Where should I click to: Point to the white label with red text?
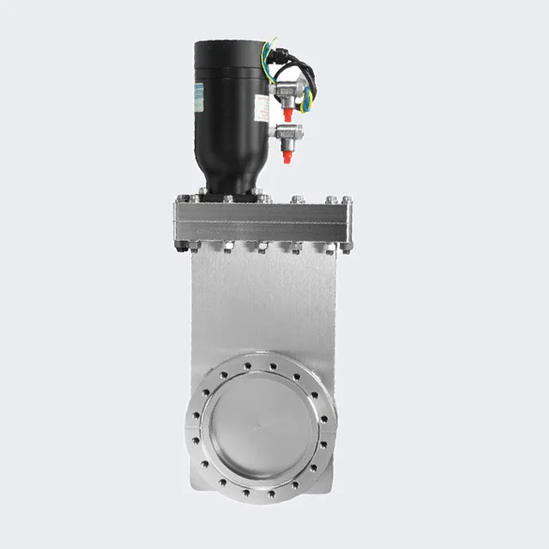point(261,107)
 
